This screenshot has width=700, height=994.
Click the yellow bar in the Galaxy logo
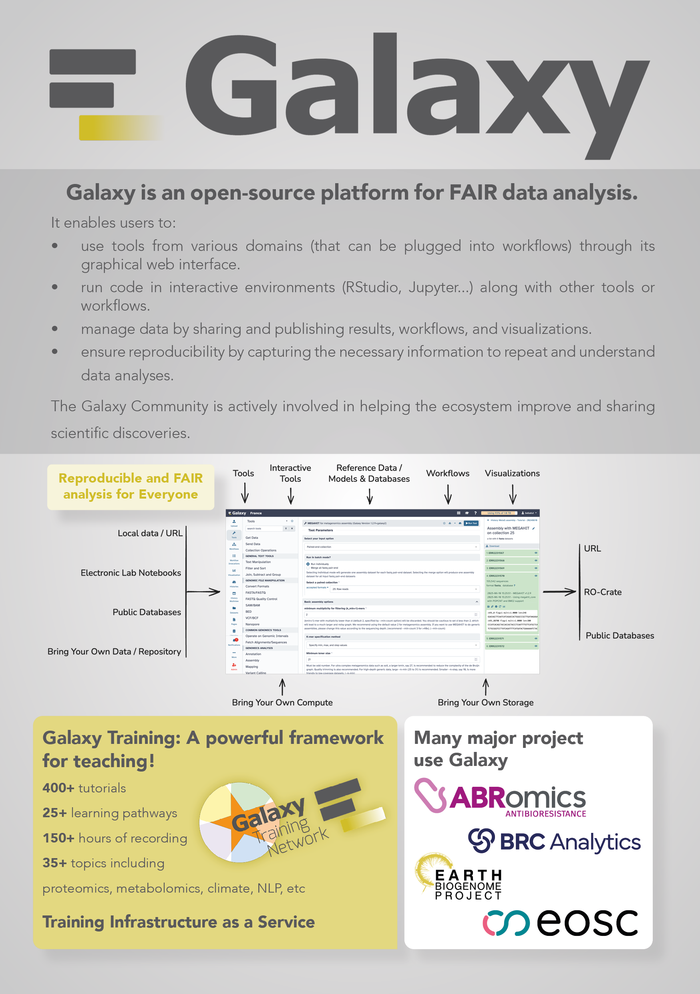[x=117, y=128]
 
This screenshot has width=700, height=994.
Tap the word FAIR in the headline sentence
[x=473, y=193]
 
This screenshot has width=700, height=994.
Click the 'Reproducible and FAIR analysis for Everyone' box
[x=131, y=487]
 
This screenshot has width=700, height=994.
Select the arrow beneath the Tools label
[x=245, y=493]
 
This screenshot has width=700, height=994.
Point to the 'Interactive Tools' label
[x=290, y=473]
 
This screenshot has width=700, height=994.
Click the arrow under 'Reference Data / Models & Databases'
[x=370, y=496]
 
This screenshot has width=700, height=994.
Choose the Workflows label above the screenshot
[x=448, y=473]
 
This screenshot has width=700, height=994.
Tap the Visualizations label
[x=512, y=473]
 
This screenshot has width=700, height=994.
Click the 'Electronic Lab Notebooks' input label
[x=131, y=573]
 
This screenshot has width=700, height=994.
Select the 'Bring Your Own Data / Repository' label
[x=114, y=652]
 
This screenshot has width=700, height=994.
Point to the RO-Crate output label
[x=603, y=592]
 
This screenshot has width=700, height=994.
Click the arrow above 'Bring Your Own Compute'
[x=282, y=687]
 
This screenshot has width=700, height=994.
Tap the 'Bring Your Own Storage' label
[x=485, y=703]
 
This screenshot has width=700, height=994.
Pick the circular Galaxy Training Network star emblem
[x=236, y=822]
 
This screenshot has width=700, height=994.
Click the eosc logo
[x=560, y=923]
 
